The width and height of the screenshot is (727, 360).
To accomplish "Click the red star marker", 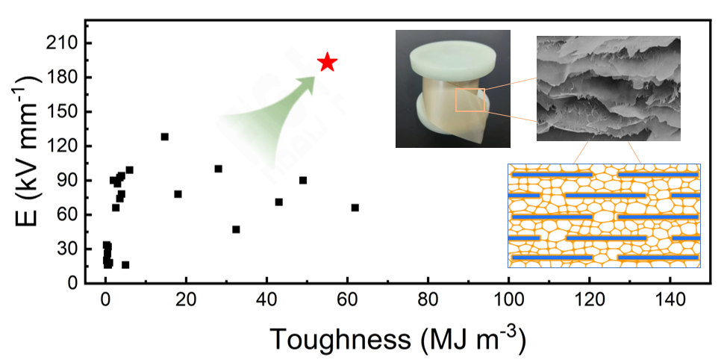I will (327, 63).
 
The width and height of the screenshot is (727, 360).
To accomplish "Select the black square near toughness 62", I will (355, 208).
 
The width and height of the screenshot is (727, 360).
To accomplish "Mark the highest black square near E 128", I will (165, 137).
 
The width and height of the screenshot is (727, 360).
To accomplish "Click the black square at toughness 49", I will (303, 180).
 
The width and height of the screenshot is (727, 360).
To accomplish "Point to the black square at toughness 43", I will (279, 202).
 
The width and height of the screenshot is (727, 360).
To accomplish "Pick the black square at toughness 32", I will (236, 229).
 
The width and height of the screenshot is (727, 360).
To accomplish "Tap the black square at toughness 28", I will (219, 169).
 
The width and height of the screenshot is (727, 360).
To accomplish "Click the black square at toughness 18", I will (178, 194).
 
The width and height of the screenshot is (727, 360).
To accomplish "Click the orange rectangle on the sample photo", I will (469, 99).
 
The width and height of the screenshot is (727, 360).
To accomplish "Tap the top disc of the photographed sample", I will (453, 58).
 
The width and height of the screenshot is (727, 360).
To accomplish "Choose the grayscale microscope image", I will (608, 88).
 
